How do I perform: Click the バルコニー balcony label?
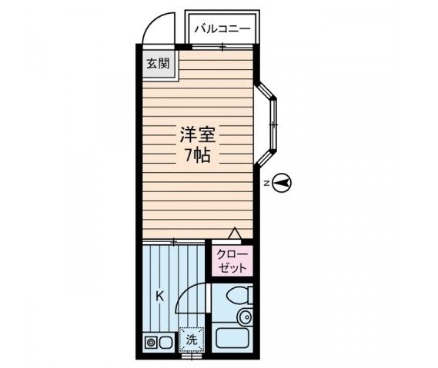pyautogui.click(x=222, y=28)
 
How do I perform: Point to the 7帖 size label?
pyautogui.click(x=197, y=154)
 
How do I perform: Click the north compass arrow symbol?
pyautogui.click(x=283, y=183)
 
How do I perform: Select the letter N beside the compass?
pyautogui.click(x=265, y=184)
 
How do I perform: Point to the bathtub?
pyautogui.click(x=232, y=339)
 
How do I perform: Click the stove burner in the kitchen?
pyautogui.click(x=151, y=343)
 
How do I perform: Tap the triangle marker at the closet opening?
pyautogui.click(x=236, y=233)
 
